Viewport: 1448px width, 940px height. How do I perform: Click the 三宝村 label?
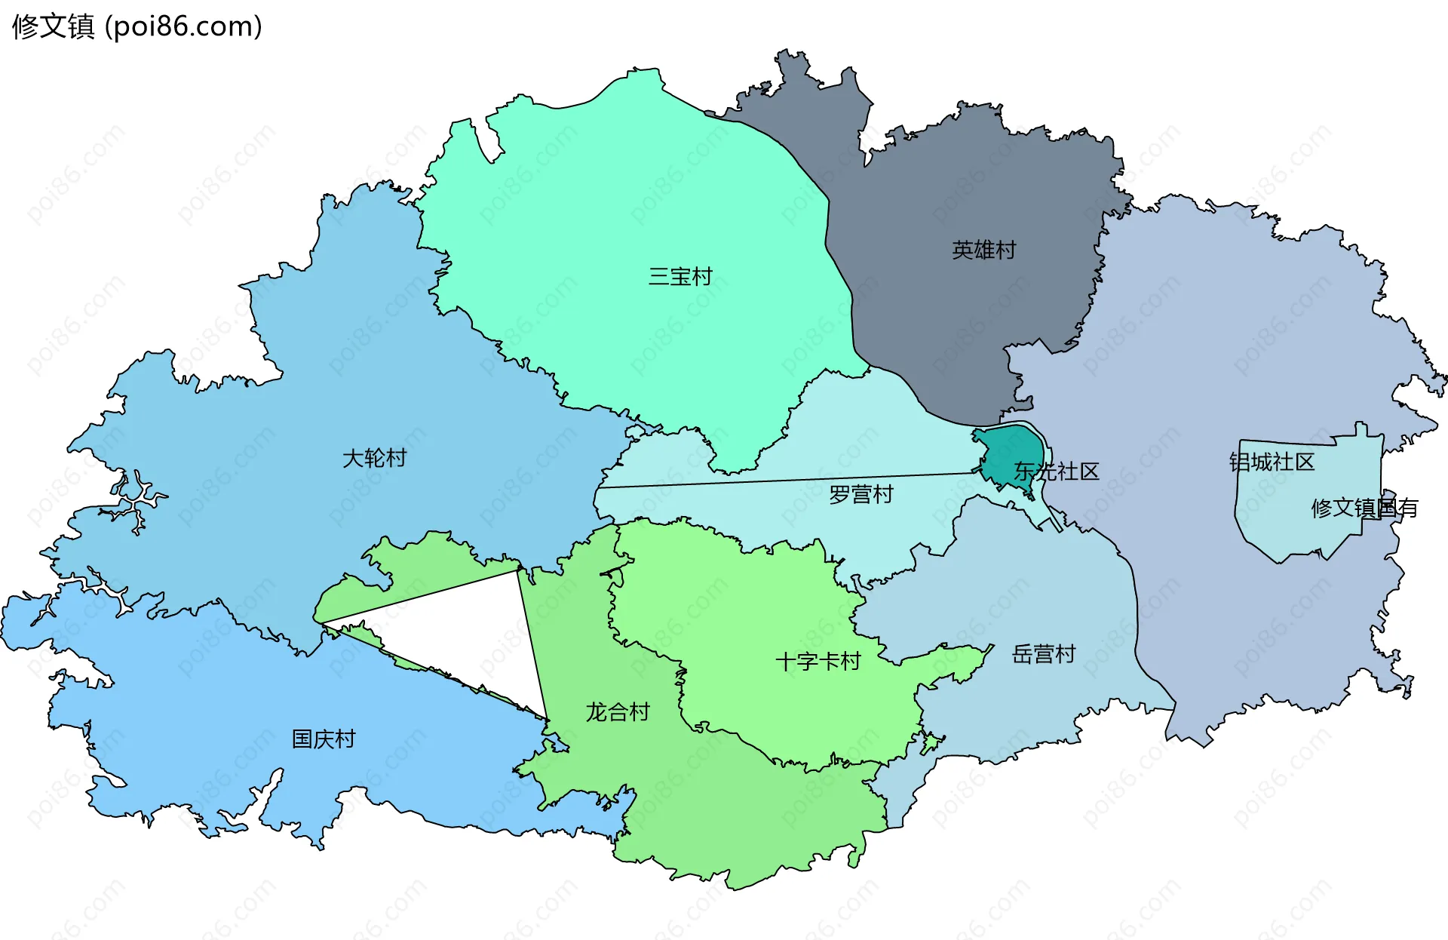coord(680,277)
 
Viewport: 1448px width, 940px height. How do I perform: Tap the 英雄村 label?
coord(983,250)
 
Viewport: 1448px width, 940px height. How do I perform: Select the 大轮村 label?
coord(374,458)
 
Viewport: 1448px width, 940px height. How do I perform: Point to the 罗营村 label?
coord(861,495)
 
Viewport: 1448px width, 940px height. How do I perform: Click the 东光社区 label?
coord(1056,472)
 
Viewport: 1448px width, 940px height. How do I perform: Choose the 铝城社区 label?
coord(1272,462)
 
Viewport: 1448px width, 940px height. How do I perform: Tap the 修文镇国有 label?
coord(1364,508)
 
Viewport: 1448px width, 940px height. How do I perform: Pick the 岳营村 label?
coord(1043,654)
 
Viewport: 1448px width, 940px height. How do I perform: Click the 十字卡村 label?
coord(818,662)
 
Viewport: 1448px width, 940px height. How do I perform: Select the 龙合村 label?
coord(618,711)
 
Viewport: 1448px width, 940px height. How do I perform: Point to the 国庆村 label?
coord(324,739)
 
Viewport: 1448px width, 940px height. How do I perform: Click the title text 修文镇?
coord(54,26)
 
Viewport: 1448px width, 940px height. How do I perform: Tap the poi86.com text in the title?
coord(183,26)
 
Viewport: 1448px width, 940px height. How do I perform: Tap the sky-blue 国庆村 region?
coord(226,717)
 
